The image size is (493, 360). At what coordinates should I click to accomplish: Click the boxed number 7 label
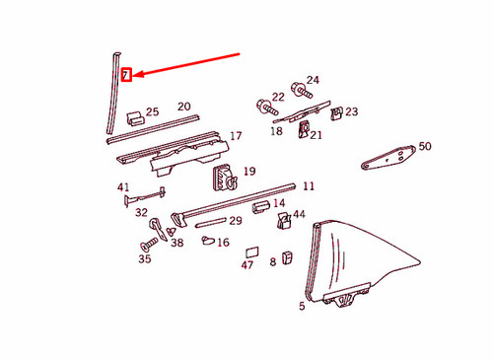click(x=124, y=75)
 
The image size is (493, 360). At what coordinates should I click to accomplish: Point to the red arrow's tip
click(x=133, y=75)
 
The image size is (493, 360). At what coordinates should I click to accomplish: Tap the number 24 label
click(x=313, y=81)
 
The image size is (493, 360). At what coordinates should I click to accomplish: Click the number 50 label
click(x=425, y=146)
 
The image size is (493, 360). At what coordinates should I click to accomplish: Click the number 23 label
click(x=351, y=112)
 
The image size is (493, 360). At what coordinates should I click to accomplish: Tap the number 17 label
click(x=236, y=136)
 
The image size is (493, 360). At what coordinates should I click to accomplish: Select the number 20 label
click(x=183, y=107)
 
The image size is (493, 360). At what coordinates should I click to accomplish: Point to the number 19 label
click(x=248, y=171)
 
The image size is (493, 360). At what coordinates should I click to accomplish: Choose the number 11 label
click(x=309, y=186)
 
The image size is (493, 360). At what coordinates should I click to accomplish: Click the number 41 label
click(x=123, y=187)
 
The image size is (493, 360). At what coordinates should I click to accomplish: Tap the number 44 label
click(x=300, y=214)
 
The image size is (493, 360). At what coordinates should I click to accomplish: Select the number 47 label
click(x=246, y=265)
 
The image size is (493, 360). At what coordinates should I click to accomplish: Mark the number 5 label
click(x=302, y=307)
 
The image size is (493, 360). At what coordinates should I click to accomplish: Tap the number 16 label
click(x=223, y=242)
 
